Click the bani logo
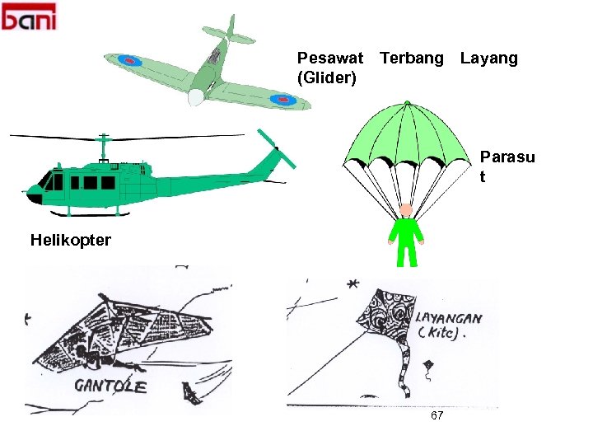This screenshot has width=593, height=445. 30,16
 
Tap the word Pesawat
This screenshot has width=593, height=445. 329,58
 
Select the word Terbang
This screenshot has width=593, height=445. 411,58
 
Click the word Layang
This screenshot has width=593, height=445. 489,58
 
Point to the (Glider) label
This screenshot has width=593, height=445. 326,77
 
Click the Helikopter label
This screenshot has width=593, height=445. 70,240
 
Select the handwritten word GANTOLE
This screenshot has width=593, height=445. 110,385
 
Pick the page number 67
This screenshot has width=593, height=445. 437,415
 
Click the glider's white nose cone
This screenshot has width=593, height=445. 196,97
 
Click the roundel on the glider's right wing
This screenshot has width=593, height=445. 285,100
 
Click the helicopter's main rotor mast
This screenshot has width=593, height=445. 104,148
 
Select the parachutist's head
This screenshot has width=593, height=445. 406,209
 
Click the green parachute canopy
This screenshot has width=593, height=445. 406,136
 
